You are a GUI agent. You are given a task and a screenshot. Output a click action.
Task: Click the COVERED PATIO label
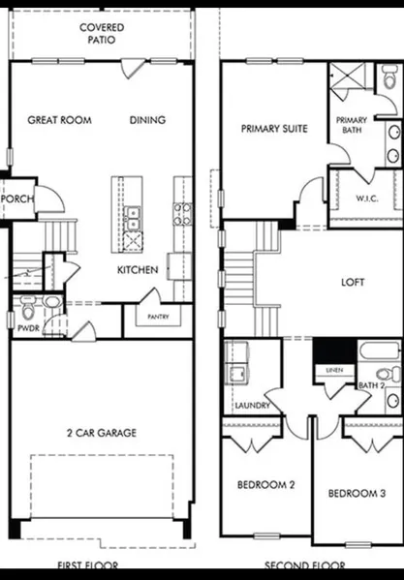(102, 34)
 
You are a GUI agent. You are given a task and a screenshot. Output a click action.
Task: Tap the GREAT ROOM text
(59, 120)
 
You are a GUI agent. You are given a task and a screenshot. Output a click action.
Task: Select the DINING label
(147, 120)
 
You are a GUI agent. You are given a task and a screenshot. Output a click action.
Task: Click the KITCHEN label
(138, 269)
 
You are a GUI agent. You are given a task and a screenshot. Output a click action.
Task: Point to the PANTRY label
(158, 317)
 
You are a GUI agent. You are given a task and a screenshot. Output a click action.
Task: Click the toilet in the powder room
(28, 307)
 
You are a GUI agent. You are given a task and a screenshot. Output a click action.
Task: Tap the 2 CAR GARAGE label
(102, 433)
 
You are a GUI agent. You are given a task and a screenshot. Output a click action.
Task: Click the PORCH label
(17, 198)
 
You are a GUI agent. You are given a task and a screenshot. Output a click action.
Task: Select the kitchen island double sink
(132, 219)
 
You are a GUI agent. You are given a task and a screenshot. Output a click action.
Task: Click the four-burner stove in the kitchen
(183, 214)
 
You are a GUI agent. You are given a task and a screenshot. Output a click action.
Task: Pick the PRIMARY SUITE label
(274, 129)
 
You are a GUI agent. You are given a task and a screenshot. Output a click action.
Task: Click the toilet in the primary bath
(390, 76)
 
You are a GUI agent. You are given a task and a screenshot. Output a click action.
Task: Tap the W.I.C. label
(367, 198)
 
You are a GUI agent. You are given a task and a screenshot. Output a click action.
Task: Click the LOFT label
(353, 282)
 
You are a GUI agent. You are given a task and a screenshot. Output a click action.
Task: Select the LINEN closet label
(334, 370)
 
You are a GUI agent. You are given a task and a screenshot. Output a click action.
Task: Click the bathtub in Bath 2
(380, 351)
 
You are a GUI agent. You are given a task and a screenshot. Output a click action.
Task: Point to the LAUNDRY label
(253, 406)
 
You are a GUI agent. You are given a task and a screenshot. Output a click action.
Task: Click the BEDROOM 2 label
(266, 484)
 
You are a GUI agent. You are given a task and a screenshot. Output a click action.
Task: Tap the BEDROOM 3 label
(357, 493)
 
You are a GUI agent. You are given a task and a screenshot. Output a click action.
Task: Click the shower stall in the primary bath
(348, 76)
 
